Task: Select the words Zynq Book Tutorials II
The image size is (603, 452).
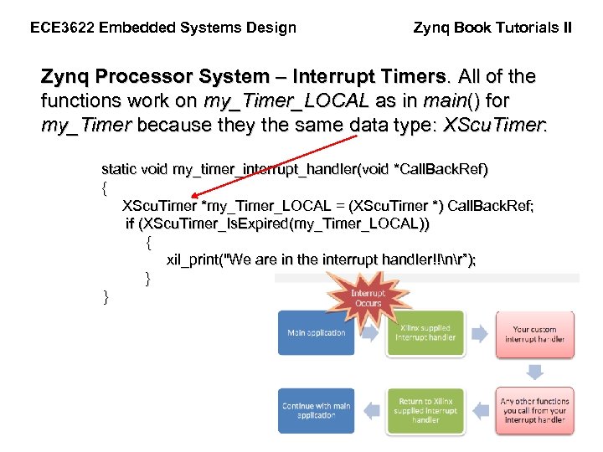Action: click(x=493, y=28)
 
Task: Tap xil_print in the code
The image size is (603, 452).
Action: click(x=191, y=259)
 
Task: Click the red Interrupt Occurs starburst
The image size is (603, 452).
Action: click(x=366, y=299)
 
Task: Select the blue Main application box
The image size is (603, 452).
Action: click(x=317, y=333)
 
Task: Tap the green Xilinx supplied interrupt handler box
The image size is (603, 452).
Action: click(x=425, y=333)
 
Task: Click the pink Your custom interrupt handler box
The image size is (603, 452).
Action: click(x=535, y=334)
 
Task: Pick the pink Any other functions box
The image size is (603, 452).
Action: click(x=535, y=411)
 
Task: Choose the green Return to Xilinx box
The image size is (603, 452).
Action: click(x=425, y=411)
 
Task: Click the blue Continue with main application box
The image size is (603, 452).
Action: click(x=317, y=411)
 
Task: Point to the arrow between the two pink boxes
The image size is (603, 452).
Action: click(x=536, y=372)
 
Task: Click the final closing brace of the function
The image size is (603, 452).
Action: click(x=106, y=296)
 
